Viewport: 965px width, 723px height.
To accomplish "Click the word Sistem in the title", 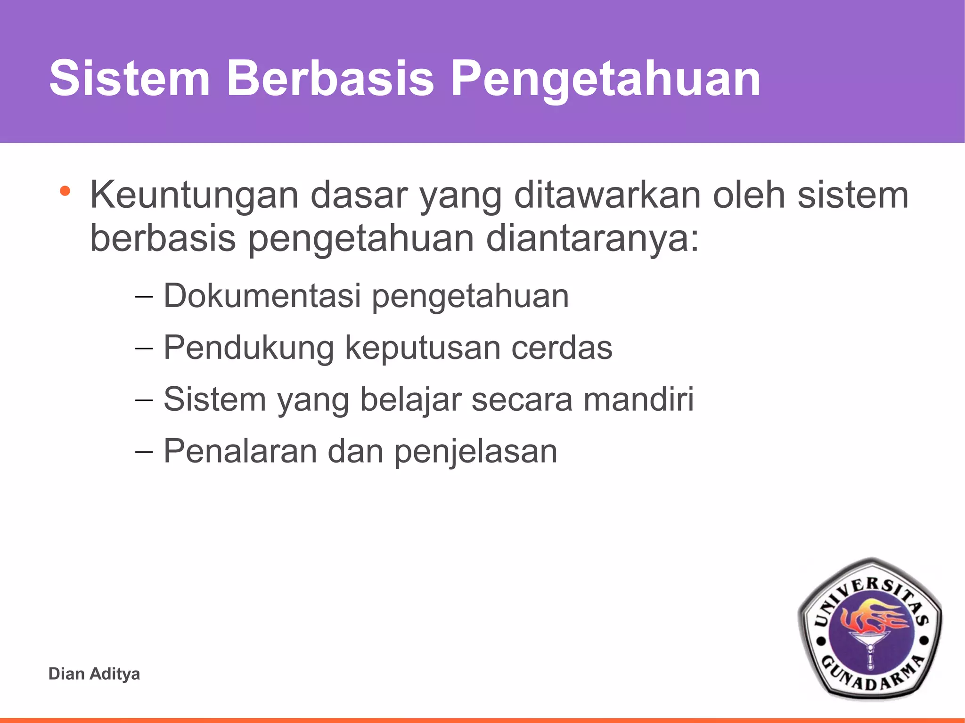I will coord(130,79).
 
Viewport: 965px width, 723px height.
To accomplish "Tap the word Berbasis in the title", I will coord(330,79).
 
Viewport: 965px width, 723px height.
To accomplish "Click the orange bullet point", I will coord(65,192).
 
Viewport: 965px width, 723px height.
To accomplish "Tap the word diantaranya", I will coord(591,238).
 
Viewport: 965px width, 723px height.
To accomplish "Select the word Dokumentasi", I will coord(262,296).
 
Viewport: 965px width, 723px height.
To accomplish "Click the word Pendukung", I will coord(249,348).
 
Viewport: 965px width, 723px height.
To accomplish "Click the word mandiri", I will coord(638,399).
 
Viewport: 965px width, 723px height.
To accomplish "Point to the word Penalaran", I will coord(240,451).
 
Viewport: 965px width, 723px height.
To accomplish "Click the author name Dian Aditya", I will coord(94,674).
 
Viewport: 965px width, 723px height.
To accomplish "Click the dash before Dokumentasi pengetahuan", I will coord(144,297).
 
